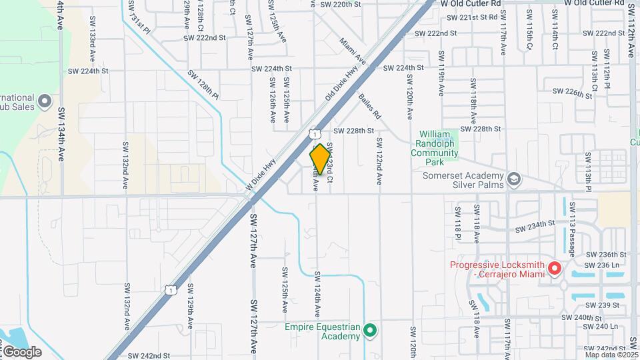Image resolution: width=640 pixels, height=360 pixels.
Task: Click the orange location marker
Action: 320,159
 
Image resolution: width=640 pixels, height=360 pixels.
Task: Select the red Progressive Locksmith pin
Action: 554,269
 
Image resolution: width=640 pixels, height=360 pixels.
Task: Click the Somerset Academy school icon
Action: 514,179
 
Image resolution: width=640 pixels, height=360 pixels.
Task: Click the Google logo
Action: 22,351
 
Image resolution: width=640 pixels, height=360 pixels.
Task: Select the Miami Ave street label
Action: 353,51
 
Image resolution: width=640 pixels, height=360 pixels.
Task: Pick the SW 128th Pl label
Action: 203,84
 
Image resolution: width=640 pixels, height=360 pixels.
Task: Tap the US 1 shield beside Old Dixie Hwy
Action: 313,135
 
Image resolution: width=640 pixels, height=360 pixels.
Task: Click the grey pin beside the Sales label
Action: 45,101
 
